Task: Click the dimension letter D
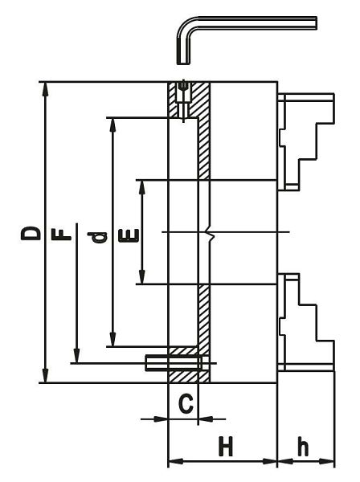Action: tap(31, 233)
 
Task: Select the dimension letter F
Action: tap(61, 235)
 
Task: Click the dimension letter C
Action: tap(186, 404)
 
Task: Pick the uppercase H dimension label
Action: tap(226, 445)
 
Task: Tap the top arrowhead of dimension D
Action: tap(46, 89)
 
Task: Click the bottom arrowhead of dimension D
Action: tap(46, 376)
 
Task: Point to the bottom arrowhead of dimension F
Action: tap(77, 357)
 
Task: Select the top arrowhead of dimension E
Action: tap(141, 187)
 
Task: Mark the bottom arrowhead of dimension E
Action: tap(141, 277)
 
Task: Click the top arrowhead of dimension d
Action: tap(112, 125)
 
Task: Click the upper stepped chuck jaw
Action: tap(306, 141)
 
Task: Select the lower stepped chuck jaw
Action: tap(306, 322)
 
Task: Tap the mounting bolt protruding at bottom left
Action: tap(174, 363)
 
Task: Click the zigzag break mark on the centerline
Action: tap(209, 235)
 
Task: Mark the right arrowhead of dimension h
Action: tap(326, 461)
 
